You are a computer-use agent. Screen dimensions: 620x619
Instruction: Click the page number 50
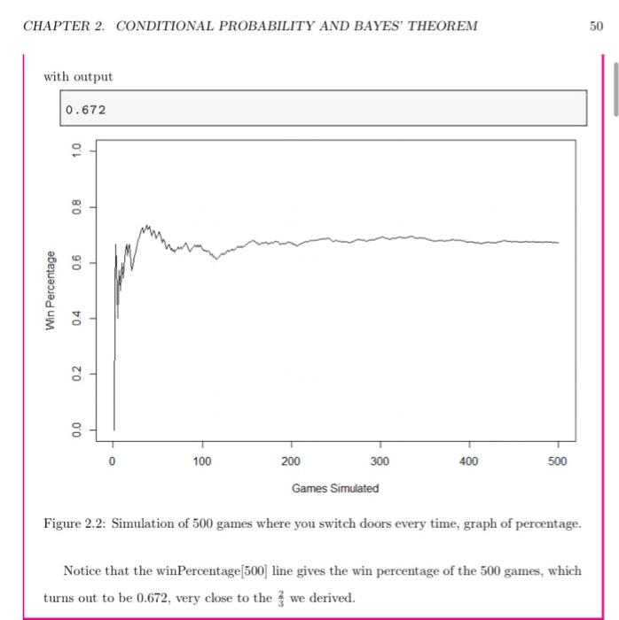click(596, 25)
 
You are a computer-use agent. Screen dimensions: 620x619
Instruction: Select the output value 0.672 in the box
click(85, 110)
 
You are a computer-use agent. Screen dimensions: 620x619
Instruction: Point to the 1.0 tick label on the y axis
click(76, 151)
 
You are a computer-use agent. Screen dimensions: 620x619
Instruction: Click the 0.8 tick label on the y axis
click(76, 206)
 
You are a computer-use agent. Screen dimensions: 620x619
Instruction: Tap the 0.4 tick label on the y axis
click(76, 317)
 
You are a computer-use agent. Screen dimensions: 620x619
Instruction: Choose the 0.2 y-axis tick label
click(76, 373)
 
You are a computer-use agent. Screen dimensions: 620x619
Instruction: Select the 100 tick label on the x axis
click(202, 461)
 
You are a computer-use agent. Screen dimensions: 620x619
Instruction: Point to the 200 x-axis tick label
click(291, 461)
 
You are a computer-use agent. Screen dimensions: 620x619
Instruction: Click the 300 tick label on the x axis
click(380, 461)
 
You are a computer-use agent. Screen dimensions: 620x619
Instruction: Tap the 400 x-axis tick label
click(469, 461)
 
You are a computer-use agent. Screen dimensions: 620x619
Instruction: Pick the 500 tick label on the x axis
click(558, 461)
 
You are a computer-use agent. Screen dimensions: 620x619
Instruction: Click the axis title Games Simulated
click(335, 488)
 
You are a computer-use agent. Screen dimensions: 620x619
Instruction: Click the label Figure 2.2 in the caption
click(74, 523)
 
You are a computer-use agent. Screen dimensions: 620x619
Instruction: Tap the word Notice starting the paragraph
click(83, 570)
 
